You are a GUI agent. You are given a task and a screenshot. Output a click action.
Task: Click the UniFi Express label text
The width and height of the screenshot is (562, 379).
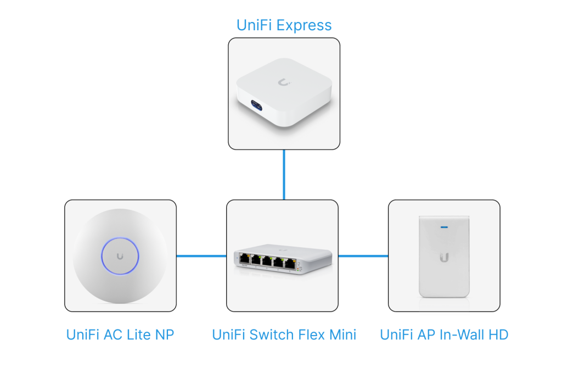coord(284,25)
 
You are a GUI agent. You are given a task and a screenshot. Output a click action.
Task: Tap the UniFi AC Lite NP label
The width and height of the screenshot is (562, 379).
coord(120,335)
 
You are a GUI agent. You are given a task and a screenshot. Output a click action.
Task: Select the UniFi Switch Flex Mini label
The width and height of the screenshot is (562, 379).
coord(284,335)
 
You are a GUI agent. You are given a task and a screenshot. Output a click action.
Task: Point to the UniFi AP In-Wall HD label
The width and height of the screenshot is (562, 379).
coord(444,335)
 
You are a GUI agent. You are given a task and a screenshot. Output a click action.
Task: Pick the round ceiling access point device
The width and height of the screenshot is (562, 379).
coord(120,256)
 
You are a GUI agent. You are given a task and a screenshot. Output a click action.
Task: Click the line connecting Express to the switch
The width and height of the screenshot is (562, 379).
coord(284,175)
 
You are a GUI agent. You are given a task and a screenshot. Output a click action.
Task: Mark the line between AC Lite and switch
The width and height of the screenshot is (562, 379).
coord(201,255)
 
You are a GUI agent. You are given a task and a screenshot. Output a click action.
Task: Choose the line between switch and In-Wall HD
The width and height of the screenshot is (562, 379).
coord(363,255)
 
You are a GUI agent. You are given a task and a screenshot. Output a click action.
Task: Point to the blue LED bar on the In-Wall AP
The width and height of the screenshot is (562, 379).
coord(444,225)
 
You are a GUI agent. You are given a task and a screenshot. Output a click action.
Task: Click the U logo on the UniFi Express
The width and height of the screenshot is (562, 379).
coord(284,83)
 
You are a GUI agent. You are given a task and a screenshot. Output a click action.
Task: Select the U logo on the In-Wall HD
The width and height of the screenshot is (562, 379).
coord(444,257)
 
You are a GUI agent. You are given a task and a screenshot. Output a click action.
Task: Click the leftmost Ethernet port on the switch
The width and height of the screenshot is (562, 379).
coord(244,259)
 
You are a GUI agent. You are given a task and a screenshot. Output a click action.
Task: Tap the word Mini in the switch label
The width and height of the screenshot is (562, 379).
coord(341,335)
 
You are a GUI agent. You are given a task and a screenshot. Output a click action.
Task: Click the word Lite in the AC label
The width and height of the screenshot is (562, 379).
coord(140,335)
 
